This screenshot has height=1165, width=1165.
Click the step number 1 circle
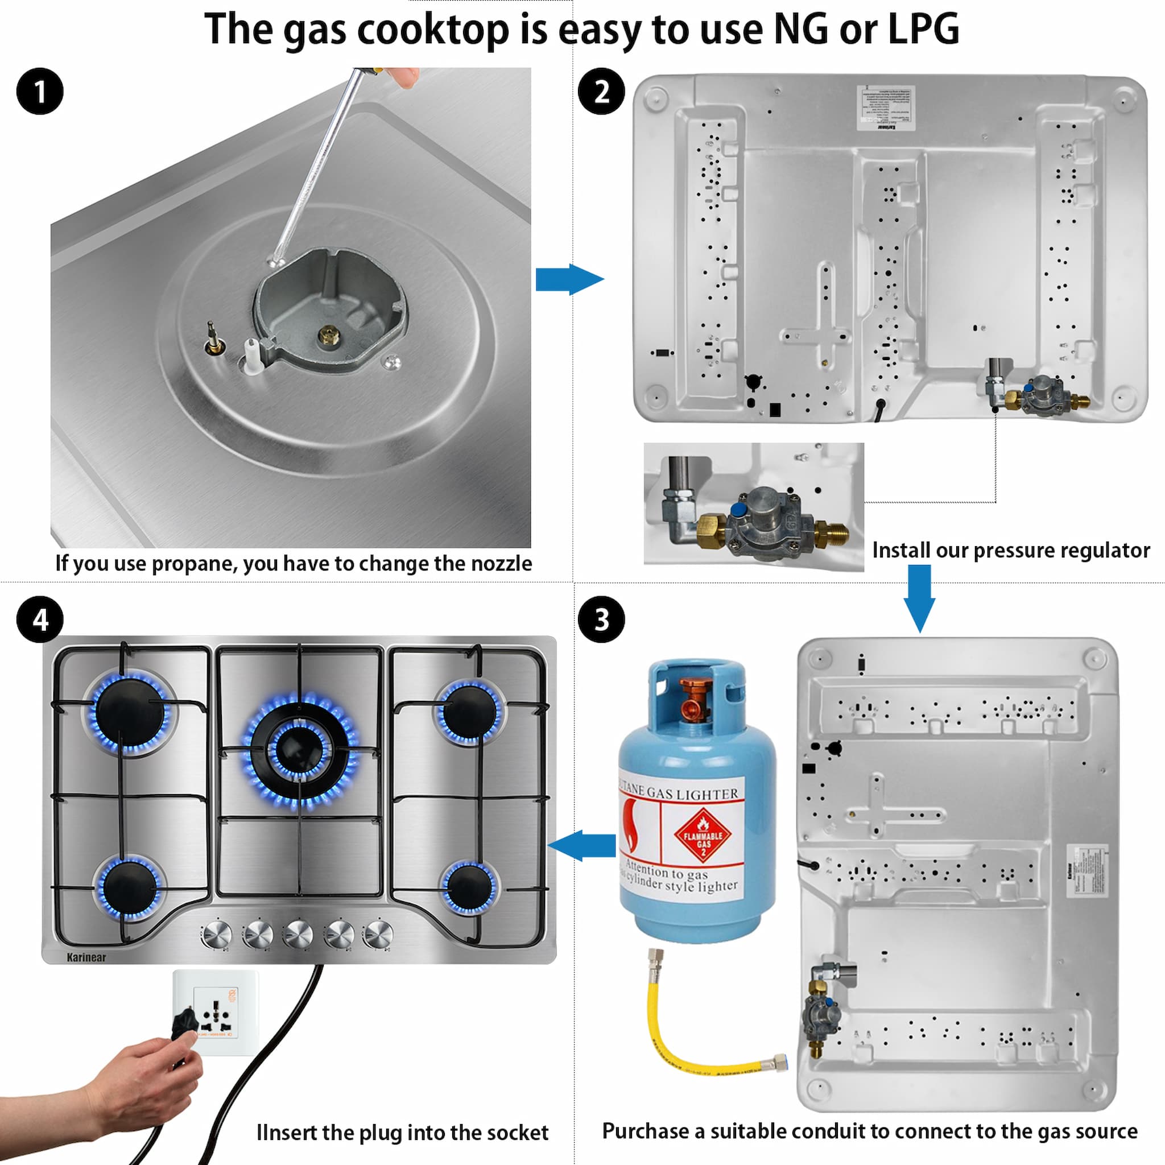[40, 92]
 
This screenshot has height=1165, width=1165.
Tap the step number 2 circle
[601, 92]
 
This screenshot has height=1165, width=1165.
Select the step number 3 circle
[601, 619]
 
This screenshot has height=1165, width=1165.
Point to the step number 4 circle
[40, 619]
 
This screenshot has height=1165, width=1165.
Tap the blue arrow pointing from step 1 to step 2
[569, 279]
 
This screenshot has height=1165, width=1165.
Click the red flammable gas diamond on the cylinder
[703, 836]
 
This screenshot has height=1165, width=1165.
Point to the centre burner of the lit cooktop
[299, 749]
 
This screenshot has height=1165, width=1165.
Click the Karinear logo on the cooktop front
[86, 957]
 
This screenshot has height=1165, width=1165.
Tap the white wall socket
[215, 1012]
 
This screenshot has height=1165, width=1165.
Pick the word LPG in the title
[923, 29]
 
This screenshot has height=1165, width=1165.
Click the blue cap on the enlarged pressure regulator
[737, 510]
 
